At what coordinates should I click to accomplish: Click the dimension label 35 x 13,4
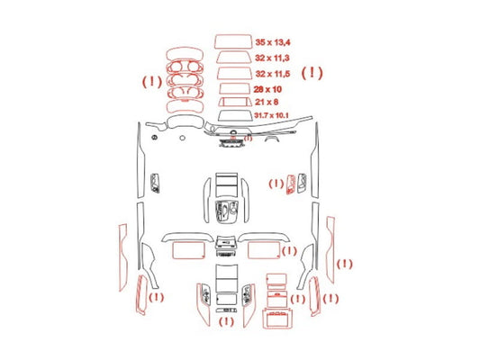point(273,42)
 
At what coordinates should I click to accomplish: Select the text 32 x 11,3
point(272,58)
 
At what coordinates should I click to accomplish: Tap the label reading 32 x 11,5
point(273,74)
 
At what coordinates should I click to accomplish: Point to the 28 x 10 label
point(267,89)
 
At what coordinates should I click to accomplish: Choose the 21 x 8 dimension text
point(267,102)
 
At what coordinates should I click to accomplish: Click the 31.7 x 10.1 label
point(271,115)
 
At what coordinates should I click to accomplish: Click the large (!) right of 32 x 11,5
point(312,73)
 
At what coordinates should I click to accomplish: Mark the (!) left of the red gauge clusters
point(152,82)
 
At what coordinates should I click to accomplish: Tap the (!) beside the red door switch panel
point(276,184)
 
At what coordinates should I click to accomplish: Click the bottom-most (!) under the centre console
point(226,321)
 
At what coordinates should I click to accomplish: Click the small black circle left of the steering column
point(183,138)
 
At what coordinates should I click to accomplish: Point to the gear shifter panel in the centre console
point(227,212)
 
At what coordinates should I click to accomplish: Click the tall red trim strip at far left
point(122,257)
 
